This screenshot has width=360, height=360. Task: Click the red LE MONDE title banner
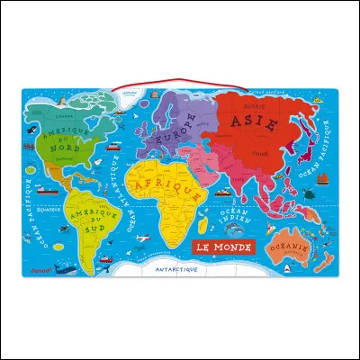[224, 247]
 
